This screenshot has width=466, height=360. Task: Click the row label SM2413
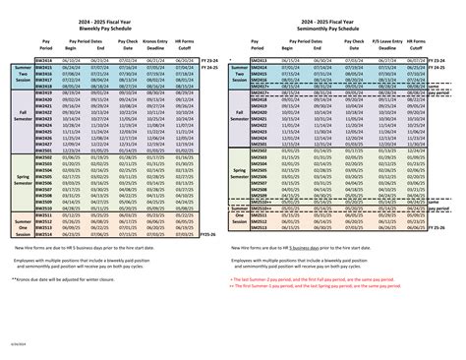tap(259, 59)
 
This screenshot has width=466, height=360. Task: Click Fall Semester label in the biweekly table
tap(21, 117)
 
